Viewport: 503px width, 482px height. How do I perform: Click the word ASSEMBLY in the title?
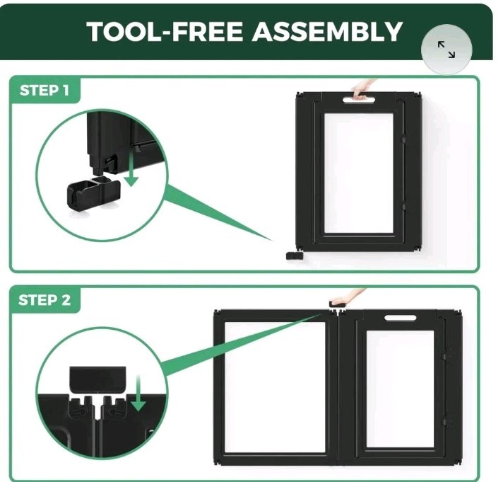tap(327, 31)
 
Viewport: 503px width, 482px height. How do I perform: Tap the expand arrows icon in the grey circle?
tap(446, 50)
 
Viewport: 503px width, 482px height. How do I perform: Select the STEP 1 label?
tap(45, 91)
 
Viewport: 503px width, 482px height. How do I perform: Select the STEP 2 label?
tap(45, 300)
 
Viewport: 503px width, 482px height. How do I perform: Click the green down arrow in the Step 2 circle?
tap(138, 393)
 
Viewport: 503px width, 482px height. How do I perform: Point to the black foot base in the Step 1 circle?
tap(93, 193)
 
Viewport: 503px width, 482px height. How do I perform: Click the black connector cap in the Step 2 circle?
tap(97, 380)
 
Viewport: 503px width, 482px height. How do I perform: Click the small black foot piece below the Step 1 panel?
tap(294, 256)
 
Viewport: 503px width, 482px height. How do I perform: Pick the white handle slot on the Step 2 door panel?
tap(401, 318)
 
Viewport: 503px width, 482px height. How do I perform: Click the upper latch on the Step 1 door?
tap(403, 139)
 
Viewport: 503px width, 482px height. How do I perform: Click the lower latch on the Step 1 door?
tap(403, 206)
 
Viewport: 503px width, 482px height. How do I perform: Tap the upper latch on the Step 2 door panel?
tap(444, 356)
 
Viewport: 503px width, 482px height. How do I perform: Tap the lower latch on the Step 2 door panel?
tap(444, 422)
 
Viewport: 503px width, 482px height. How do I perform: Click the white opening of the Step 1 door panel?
tap(359, 173)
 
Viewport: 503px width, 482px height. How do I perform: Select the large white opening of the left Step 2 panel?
tap(276, 387)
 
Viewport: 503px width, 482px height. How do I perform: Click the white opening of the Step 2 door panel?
tap(400, 389)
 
